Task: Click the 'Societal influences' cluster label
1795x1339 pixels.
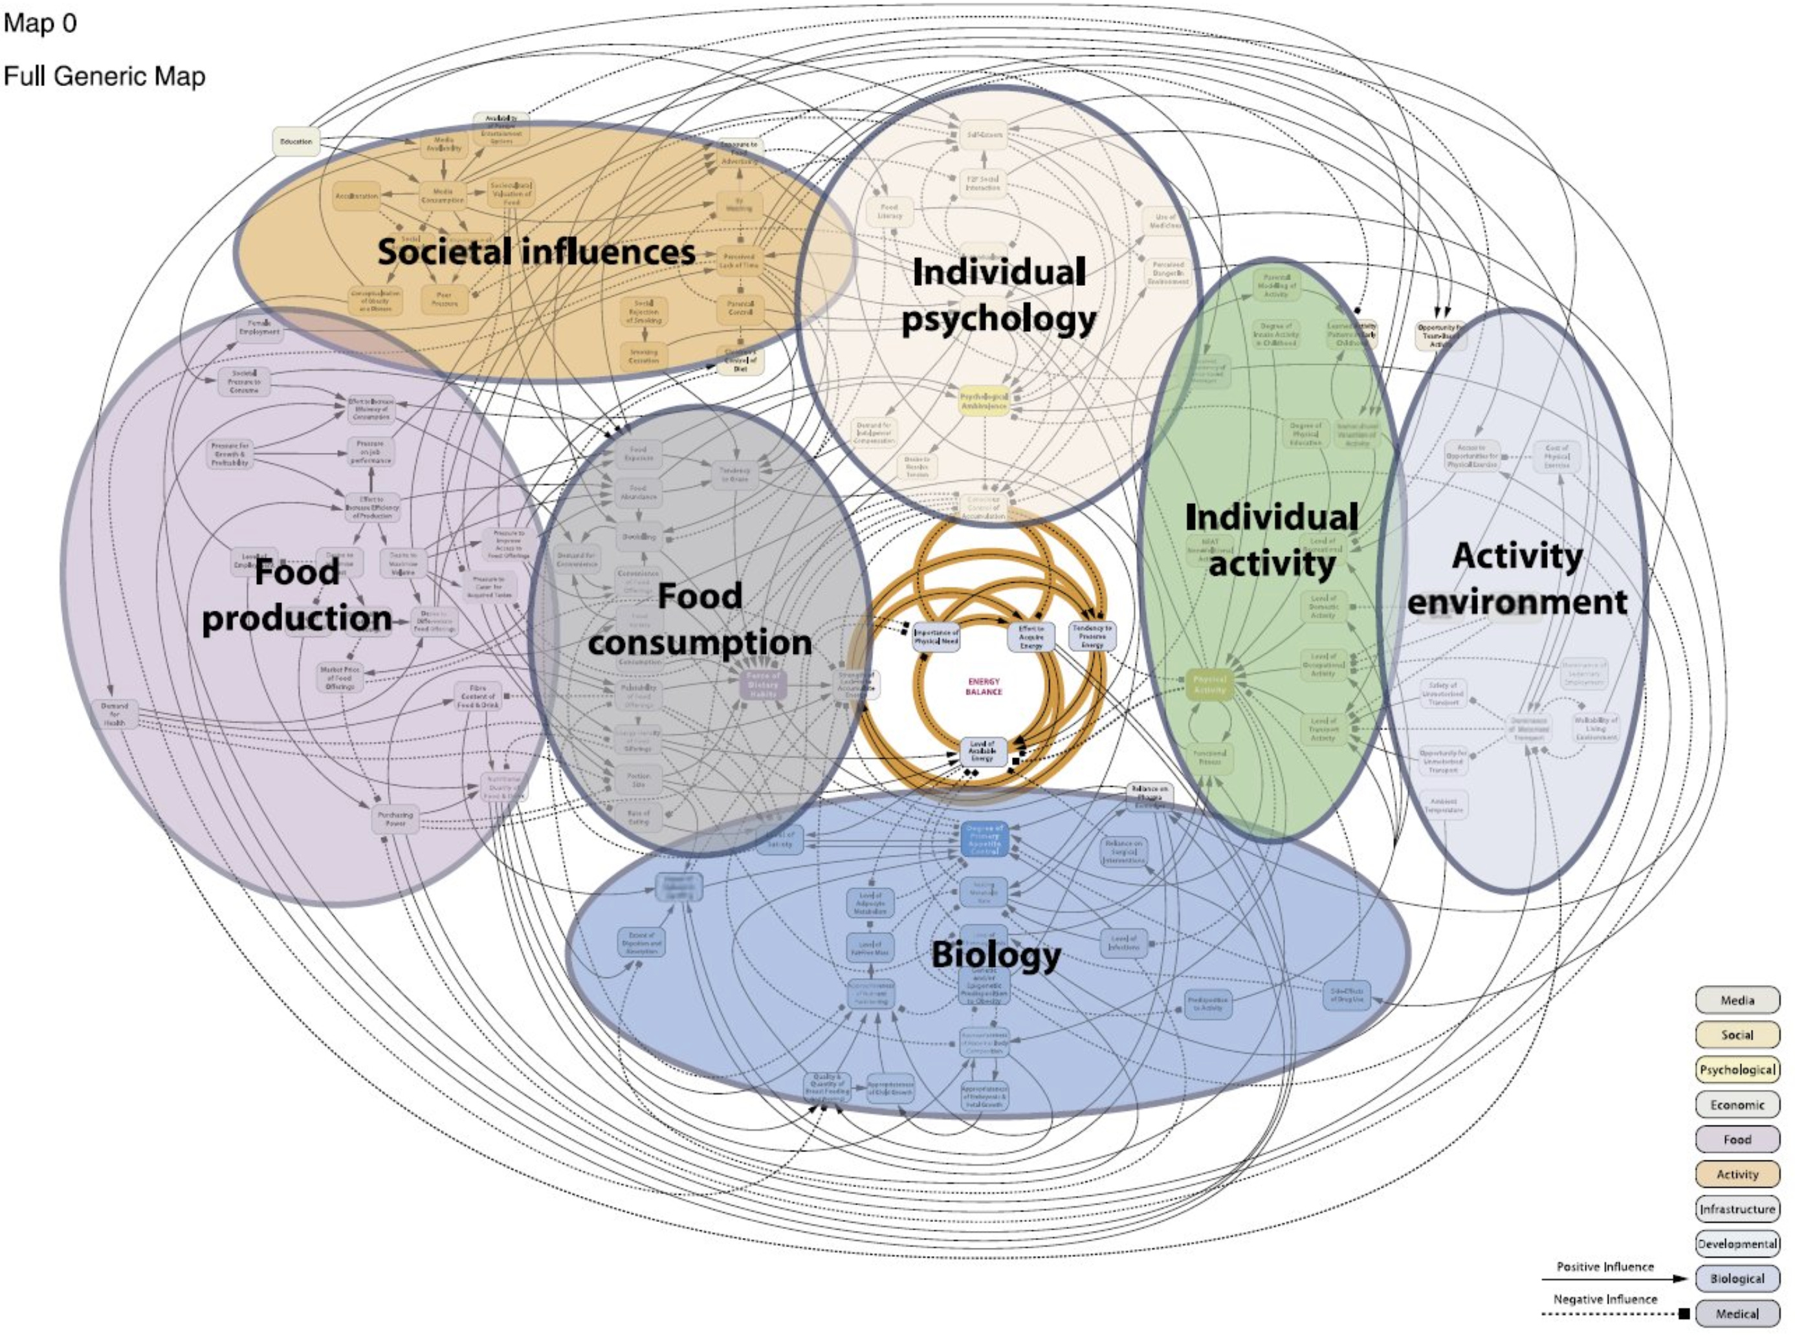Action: click(536, 252)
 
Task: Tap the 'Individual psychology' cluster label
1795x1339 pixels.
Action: click(999, 295)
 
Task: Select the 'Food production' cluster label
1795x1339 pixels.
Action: click(297, 595)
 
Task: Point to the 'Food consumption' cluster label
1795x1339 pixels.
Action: click(699, 618)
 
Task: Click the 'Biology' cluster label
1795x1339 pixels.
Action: click(996, 954)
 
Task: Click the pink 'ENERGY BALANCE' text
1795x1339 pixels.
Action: click(983, 686)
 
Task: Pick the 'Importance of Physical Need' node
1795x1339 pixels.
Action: click(936, 637)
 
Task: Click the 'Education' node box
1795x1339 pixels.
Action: click(296, 142)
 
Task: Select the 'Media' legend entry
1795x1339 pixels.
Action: click(1737, 1000)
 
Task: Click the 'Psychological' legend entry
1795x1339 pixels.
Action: click(1737, 1070)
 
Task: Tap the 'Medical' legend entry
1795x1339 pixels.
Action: click(1737, 1314)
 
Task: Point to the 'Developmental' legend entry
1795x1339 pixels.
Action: click(1737, 1244)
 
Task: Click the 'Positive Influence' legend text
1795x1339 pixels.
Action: click(1605, 1267)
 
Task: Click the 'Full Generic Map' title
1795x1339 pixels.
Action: click(105, 76)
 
